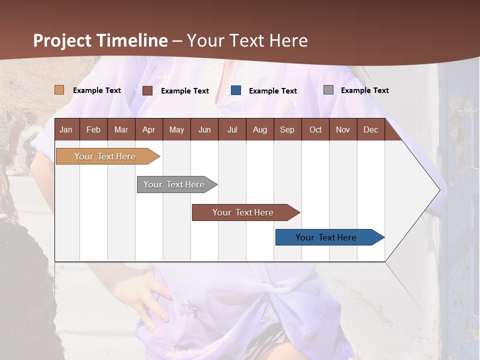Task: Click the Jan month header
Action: [x=66, y=129]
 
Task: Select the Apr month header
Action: [x=149, y=129]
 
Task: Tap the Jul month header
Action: [x=232, y=129]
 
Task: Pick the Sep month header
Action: [x=287, y=129]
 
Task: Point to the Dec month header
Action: [x=370, y=129]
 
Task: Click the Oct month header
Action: [x=315, y=129]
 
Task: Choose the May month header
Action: [x=176, y=129]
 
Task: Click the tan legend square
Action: [x=59, y=90]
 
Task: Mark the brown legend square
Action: [x=147, y=90]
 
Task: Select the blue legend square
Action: [x=236, y=90]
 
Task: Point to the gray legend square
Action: [x=328, y=90]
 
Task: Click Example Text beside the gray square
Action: [x=364, y=90]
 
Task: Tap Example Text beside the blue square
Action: [x=272, y=91]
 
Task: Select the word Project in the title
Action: [x=62, y=40]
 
